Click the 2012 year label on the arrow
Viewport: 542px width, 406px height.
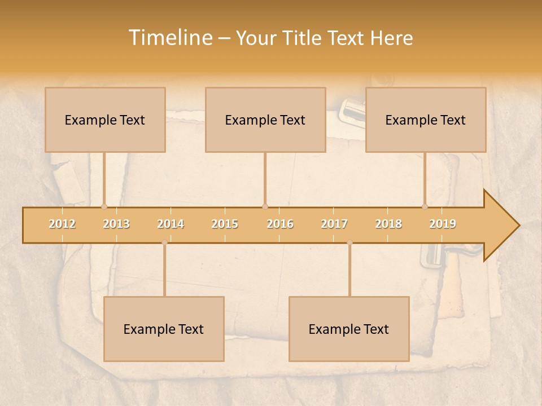[62, 224]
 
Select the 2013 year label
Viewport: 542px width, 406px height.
[116, 224]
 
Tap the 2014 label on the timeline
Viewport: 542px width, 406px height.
[171, 224]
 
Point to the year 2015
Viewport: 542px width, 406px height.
[225, 224]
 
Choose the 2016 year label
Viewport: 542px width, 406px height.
[280, 224]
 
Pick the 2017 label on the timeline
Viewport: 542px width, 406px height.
[334, 224]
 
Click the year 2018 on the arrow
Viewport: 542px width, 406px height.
[388, 224]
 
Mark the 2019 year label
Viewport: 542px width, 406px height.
[443, 224]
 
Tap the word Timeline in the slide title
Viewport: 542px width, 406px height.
[170, 38]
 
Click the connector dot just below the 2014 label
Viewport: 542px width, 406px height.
[164, 242]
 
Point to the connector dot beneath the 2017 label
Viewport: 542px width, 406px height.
[349, 242]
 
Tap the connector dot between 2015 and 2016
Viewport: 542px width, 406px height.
[265, 206]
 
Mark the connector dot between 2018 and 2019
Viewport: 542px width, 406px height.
[425, 206]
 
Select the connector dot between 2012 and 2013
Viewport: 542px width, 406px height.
[104, 206]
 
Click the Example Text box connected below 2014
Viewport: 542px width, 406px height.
[164, 329]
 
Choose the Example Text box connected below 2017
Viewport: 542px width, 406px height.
[349, 329]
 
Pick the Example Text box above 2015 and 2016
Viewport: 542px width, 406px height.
[265, 120]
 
